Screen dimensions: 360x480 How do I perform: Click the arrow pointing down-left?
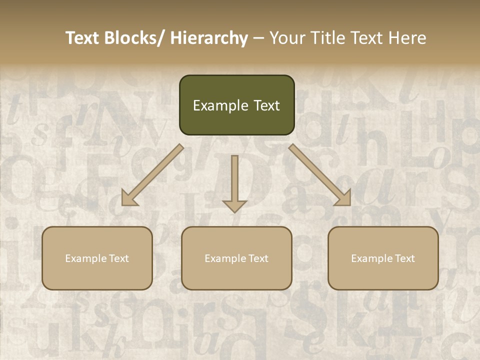(152, 175)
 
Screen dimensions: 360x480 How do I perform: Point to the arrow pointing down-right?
(320, 175)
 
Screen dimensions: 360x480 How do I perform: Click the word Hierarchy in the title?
(209, 38)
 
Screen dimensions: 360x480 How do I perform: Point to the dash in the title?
(258, 38)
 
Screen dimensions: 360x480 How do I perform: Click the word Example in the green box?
(213, 105)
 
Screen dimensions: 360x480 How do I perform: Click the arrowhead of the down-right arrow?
(344, 198)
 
